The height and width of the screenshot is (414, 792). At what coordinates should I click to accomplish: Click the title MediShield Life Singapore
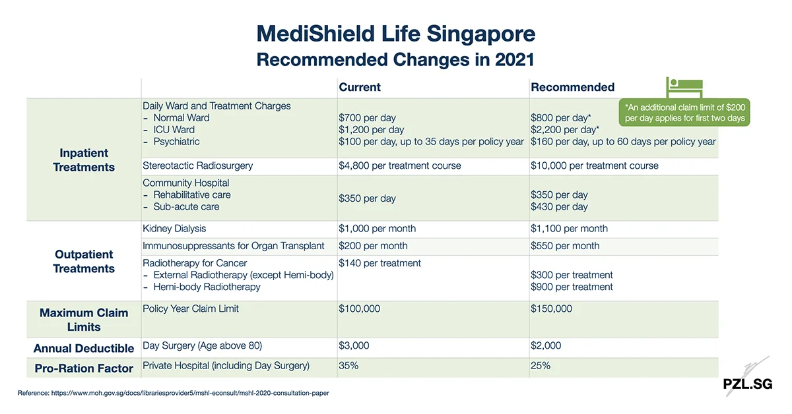395,34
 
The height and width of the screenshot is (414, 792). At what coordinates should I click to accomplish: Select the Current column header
360,87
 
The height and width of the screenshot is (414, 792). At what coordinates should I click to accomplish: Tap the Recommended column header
572,87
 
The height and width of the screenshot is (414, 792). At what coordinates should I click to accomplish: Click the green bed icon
684,88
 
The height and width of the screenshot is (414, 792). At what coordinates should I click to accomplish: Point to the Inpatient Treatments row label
84,160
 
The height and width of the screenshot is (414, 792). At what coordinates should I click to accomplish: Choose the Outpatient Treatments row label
84,262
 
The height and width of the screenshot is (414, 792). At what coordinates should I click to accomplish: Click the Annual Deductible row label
84,348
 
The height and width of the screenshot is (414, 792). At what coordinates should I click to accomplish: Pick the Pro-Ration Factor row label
84,369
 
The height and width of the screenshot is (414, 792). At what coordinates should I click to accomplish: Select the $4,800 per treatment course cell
400,165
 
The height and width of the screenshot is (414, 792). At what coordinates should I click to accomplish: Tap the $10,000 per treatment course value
594,165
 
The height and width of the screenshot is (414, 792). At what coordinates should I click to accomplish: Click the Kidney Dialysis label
174,229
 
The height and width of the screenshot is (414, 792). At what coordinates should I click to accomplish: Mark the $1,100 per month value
569,229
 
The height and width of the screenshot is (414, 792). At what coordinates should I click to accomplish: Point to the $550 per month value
565,246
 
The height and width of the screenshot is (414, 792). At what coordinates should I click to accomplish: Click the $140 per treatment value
379,263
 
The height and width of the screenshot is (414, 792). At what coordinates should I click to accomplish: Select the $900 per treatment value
572,287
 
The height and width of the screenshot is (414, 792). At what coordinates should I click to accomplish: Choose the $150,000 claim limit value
551,309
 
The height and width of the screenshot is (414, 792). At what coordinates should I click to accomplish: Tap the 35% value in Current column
348,365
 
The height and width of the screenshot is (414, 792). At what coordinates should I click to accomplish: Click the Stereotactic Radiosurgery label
198,165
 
